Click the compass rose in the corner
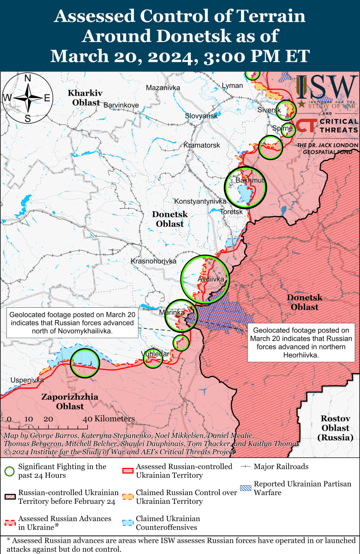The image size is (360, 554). click(27, 98)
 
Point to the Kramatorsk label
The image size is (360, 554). click(202, 145)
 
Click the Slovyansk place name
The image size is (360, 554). click(201, 116)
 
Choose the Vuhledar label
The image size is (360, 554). click(155, 354)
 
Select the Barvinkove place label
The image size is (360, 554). click(121, 105)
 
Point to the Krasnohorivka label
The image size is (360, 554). click(154, 261)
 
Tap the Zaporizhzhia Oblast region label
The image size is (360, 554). click(70, 402)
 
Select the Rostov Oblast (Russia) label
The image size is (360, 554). click(335, 428)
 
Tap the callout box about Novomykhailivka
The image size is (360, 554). click(72, 322)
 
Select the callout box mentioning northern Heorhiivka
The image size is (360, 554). click(301, 342)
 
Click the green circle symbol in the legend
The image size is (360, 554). click(10, 471)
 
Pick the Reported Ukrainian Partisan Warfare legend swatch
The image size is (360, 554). click(246, 488)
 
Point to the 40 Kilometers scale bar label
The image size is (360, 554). click(109, 419)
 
